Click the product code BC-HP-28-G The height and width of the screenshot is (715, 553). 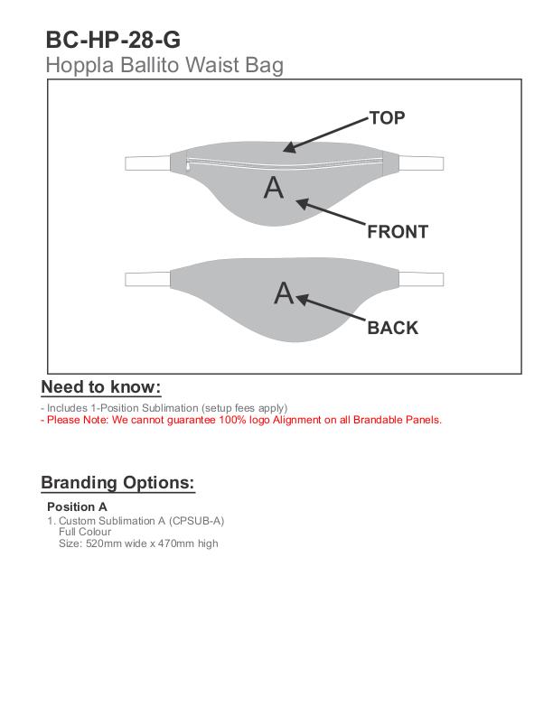(112, 40)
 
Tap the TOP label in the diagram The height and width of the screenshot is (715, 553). (387, 118)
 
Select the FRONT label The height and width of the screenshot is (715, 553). (397, 232)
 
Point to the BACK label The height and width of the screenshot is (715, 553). (392, 328)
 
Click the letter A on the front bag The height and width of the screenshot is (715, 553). (273, 187)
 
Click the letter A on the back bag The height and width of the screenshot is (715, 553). (284, 293)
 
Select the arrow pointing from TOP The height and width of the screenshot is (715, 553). (325, 134)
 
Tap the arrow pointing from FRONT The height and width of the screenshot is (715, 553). (331, 214)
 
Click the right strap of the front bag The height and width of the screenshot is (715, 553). (421, 162)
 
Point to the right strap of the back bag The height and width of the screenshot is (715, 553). (421, 278)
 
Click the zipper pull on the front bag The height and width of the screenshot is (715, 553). (188, 166)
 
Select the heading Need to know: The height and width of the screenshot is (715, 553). (100, 387)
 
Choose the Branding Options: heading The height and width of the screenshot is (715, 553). (117, 482)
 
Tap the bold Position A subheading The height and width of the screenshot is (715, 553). (77, 506)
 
